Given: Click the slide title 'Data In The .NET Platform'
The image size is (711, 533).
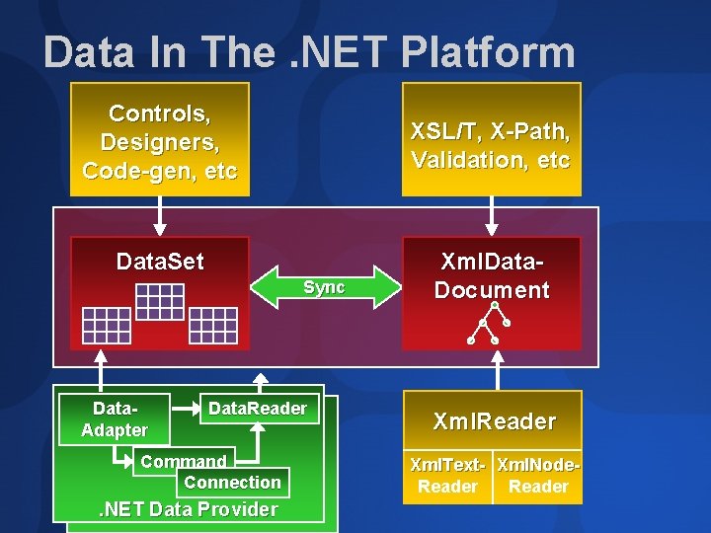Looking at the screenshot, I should [308, 52].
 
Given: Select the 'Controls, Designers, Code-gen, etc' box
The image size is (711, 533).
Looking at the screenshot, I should [160, 139].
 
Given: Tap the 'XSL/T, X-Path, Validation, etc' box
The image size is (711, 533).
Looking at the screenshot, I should [491, 139].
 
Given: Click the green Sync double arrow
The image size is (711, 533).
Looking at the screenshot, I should [324, 286].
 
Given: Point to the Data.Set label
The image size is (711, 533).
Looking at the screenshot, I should [160, 262].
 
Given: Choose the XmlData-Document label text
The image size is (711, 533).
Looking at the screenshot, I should [491, 276].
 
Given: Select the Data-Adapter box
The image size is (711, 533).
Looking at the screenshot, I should [115, 419].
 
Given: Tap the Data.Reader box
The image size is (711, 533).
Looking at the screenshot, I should [258, 409].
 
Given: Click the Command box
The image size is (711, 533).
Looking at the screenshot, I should [184, 461].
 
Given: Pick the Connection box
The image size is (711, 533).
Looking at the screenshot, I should [233, 482].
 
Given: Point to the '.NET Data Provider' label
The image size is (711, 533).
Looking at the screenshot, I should [188, 509].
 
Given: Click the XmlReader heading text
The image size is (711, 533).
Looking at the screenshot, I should [494, 421].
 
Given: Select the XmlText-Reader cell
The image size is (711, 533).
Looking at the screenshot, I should [448, 475].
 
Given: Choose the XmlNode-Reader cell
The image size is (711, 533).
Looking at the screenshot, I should [537, 475].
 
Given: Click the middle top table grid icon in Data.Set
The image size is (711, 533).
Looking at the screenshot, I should [160, 301].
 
